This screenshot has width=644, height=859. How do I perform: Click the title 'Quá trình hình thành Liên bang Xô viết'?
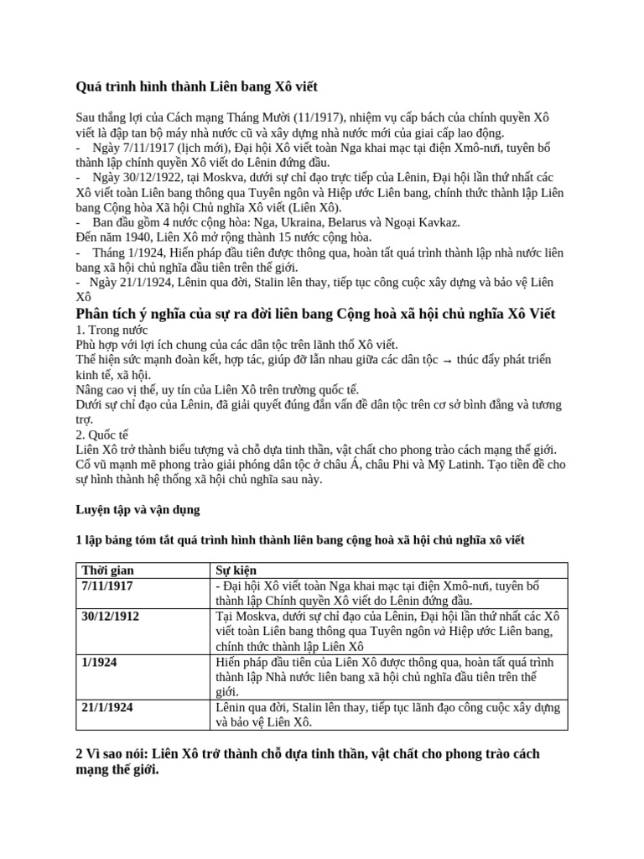pyautogui.click(x=197, y=86)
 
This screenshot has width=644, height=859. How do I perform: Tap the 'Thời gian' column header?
pyautogui.click(x=106, y=570)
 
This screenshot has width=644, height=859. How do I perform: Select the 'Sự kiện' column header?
pyautogui.click(x=234, y=570)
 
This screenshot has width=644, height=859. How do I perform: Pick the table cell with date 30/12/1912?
pyautogui.click(x=111, y=616)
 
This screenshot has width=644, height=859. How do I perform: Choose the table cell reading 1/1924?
pyautogui.click(x=100, y=662)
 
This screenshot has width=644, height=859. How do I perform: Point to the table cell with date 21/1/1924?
pyautogui.click(x=107, y=707)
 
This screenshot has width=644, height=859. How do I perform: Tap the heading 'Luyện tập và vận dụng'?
pyautogui.click(x=138, y=509)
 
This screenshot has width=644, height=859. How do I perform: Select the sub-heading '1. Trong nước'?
pyautogui.click(x=112, y=330)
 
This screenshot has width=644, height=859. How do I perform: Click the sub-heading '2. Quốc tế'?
pyautogui.click(x=102, y=435)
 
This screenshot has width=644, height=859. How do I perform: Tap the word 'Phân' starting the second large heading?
pyautogui.click(x=94, y=314)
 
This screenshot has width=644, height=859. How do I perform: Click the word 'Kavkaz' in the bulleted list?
pyautogui.click(x=438, y=222)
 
